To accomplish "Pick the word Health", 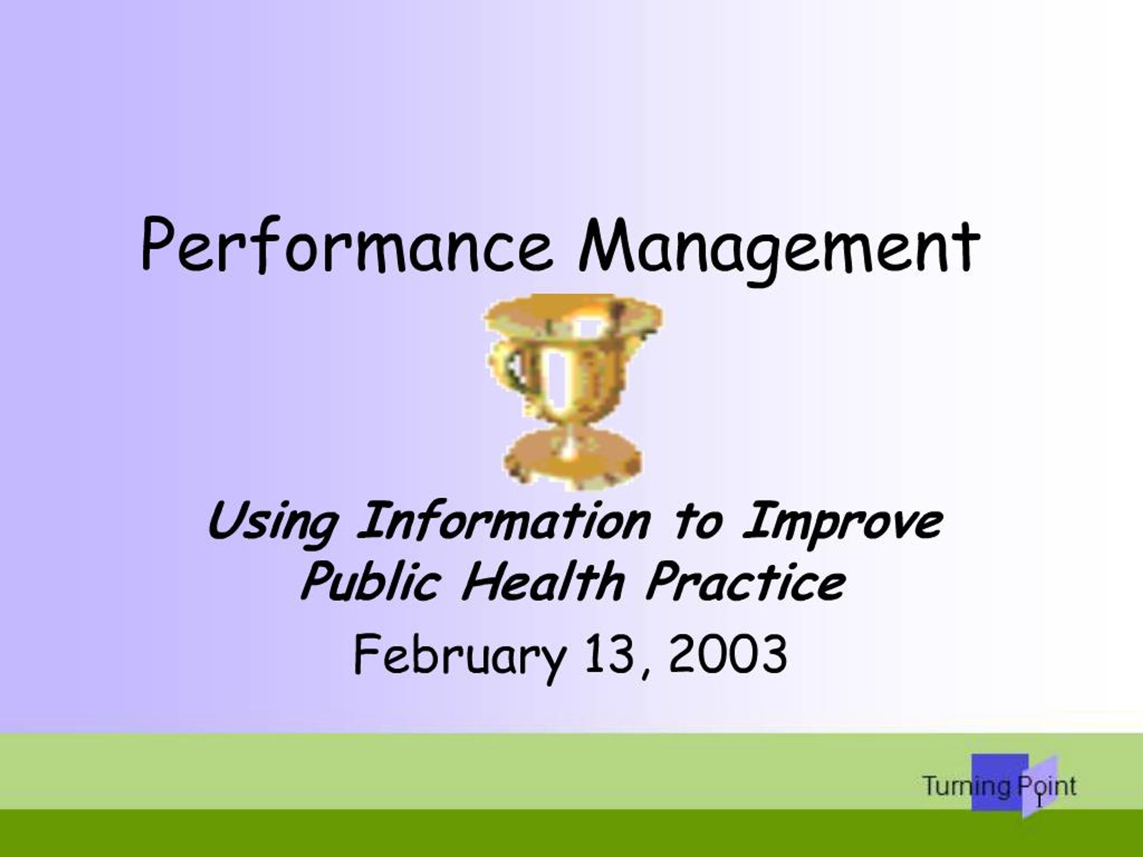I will click(x=542, y=581).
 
